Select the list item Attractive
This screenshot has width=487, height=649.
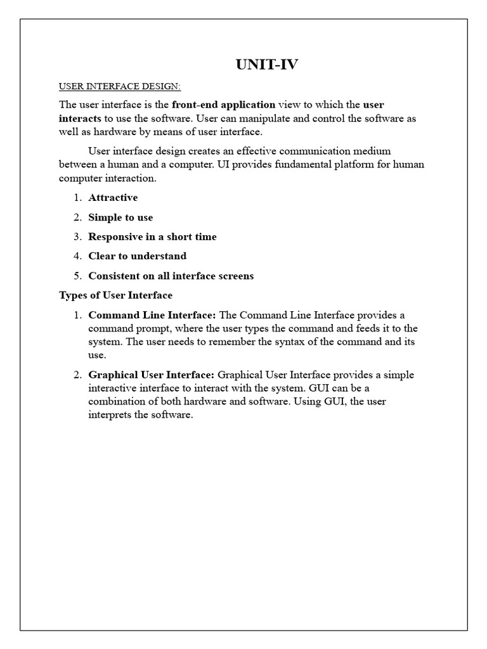pyautogui.click(x=113, y=198)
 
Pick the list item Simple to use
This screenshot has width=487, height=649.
pyautogui.click(x=120, y=217)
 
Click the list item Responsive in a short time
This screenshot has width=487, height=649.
pyautogui.click(x=152, y=237)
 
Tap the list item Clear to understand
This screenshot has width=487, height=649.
pyautogui.click(x=137, y=256)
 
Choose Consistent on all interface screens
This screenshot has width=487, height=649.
pyautogui.click(x=171, y=276)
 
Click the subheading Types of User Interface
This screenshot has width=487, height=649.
pyautogui.click(x=115, y=295)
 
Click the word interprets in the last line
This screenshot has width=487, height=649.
pyautogui.click(x=111, y=414)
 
